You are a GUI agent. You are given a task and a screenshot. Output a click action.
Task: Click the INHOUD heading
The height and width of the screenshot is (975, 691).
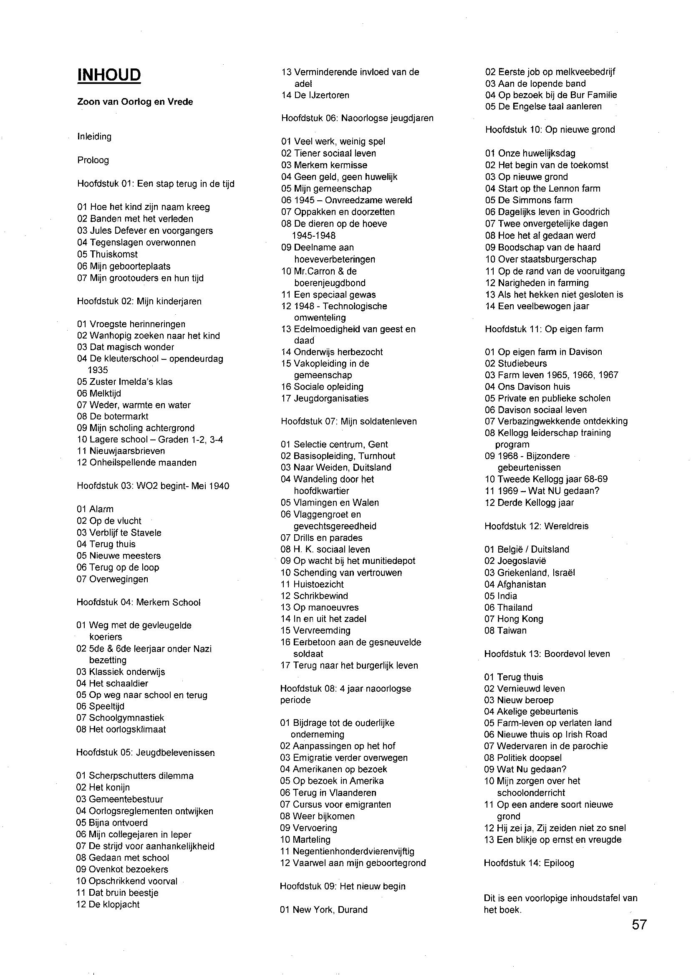click(109, 75)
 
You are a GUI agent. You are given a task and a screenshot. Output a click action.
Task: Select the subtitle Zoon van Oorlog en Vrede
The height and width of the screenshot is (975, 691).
click(135, 102)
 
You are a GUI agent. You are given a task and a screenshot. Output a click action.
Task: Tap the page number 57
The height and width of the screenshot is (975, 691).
click(639, 925)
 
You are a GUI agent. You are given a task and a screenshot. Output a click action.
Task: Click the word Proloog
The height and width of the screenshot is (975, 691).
click(93, 160)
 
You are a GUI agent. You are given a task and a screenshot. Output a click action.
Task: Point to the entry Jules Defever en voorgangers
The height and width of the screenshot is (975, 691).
click(145, 231)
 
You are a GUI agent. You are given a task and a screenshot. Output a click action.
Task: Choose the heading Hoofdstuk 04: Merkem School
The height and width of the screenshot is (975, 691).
click(138, 602)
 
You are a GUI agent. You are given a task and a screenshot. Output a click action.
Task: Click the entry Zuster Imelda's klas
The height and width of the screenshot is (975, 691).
click(125, 382)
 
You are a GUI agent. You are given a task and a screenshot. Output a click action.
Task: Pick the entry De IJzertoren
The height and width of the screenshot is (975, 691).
click(315, 95)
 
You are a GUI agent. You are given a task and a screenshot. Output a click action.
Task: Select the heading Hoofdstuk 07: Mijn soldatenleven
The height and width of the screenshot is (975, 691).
click(348, 421)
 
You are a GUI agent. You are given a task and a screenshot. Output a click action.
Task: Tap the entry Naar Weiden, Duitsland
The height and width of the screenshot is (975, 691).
click(336, 467)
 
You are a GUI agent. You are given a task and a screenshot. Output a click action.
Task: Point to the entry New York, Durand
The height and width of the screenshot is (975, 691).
click(323, 909)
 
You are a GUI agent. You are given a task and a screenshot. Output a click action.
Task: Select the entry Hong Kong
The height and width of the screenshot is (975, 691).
click(514, 619)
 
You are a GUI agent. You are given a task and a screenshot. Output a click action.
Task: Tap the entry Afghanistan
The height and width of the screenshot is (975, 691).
click(515, 584)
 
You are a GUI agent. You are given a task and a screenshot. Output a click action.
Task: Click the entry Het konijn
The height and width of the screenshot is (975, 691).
click(103, 787)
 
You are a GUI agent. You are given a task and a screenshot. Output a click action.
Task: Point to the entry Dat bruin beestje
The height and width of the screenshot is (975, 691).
click(117, 892)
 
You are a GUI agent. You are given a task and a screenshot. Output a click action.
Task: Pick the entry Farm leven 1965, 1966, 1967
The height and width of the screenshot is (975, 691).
click(552, 375)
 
